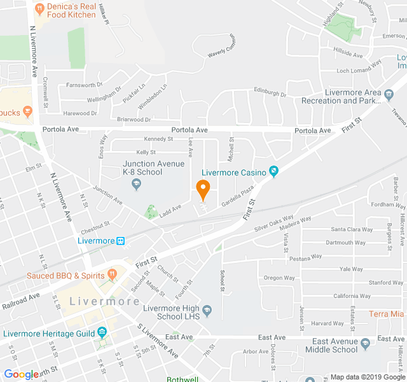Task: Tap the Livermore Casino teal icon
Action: [273, 171]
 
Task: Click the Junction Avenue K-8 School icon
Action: [135, 184]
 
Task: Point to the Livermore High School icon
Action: [207, 311]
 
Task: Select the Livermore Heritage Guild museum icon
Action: [102, 333]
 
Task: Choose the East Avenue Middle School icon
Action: [366, 344]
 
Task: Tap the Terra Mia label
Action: [387, 314]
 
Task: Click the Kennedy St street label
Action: [158, 139]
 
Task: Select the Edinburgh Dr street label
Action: [270, 92]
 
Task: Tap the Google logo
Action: [21, 374]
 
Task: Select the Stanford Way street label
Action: [385, 282]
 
